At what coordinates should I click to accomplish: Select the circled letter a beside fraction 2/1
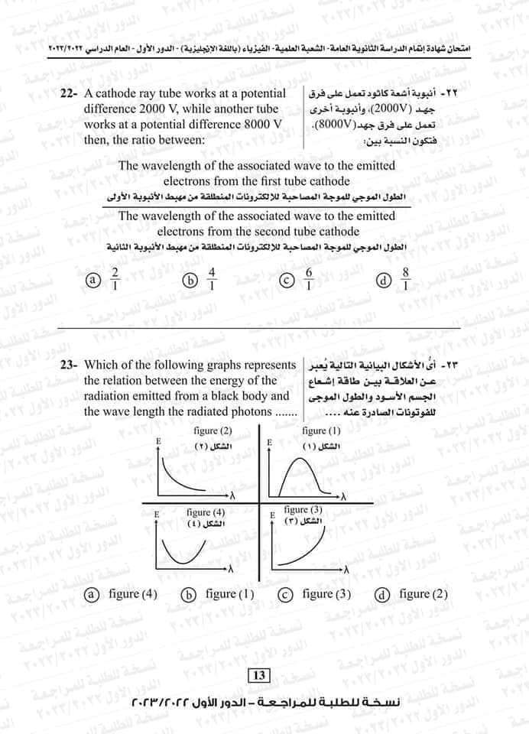point(92,281)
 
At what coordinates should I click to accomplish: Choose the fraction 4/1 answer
point(212,280)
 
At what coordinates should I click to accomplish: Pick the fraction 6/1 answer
point(309,280)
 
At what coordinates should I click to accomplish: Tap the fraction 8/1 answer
point(406,280)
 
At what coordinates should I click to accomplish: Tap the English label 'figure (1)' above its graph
point(320,431)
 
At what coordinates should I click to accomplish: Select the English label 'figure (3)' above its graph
point(303,509)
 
